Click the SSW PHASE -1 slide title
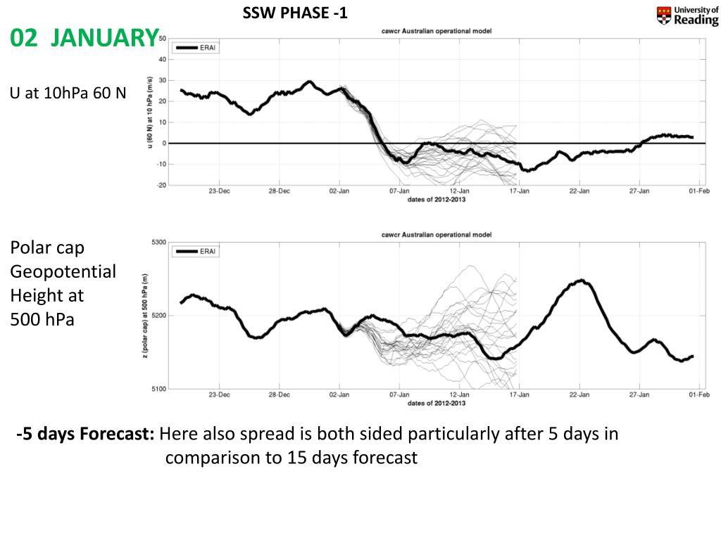point(295,13)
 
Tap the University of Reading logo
point(687,15)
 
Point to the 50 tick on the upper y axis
point(162,39)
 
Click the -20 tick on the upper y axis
point(161,185)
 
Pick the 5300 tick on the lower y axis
point(158,243)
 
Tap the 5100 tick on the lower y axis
point(158,389)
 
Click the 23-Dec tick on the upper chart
point(219,191)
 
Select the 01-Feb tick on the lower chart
point(698,395)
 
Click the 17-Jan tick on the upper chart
point(519,191)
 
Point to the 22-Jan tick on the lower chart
point(579,395)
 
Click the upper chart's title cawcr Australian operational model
point(436,31)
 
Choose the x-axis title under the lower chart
point(436,403)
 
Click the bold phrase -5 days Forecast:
point(86,434)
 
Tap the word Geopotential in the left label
point(63,271)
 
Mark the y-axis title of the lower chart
point(145,316)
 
